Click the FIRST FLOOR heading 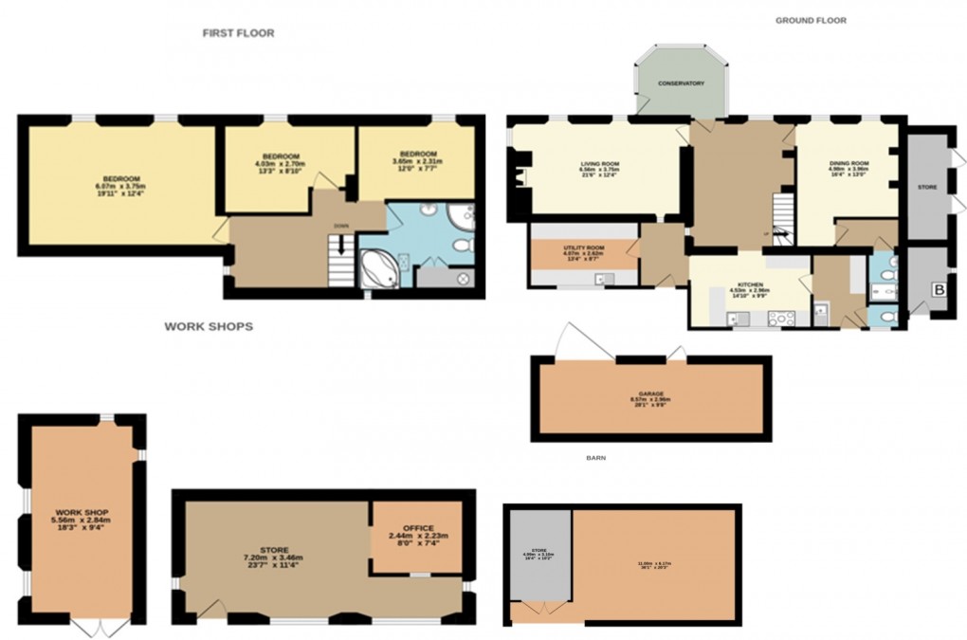pyautogui.click(x=238, y=33)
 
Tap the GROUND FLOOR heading pyautogui.click(x=811, y=20)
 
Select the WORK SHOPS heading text pyautogui.click(x=209, y=326)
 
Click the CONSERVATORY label pyautogui.click(x=682, y=83)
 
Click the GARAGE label pyautogui.click(x=649, y=393)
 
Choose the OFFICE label pyautogui.click(x=417, y=528)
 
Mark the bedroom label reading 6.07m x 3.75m pyautogui.click(x=122, y=179)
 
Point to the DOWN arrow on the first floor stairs pyautogui.click(x=340, y=226)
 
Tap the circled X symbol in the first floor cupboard pyautogui.click(x=464, y=278)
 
